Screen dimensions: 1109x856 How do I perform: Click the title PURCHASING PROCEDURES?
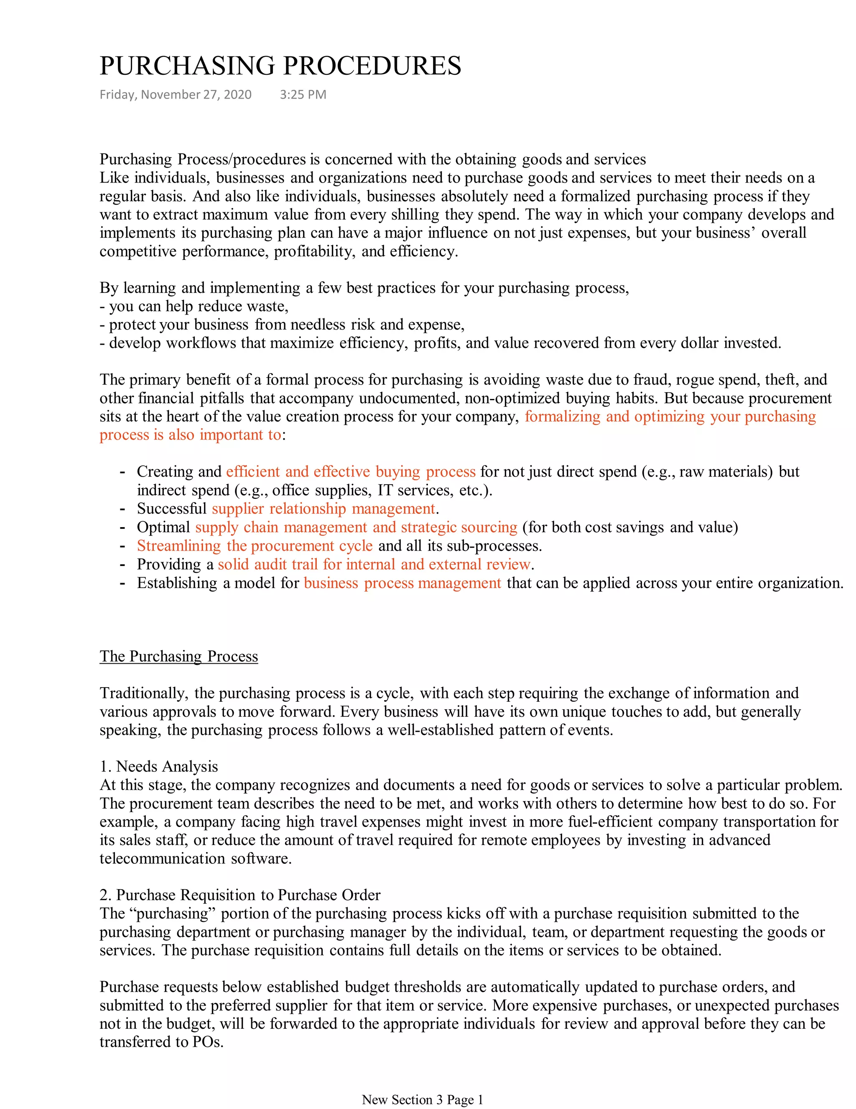coord(280,66)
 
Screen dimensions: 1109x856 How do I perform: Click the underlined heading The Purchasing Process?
coord(179,656)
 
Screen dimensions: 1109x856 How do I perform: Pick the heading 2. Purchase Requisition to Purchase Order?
coord(240,895)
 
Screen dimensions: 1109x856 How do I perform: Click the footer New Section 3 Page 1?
coord(422,1099)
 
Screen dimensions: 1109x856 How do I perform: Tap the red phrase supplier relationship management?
coord(324,509)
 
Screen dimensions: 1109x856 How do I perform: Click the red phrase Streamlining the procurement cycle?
coord(255,546)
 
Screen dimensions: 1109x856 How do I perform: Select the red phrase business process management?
coord(403,583)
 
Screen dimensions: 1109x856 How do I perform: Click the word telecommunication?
coord(162,859)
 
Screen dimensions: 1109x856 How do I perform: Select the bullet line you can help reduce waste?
coord(194,307)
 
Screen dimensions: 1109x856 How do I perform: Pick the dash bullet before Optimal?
coord(122,528)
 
